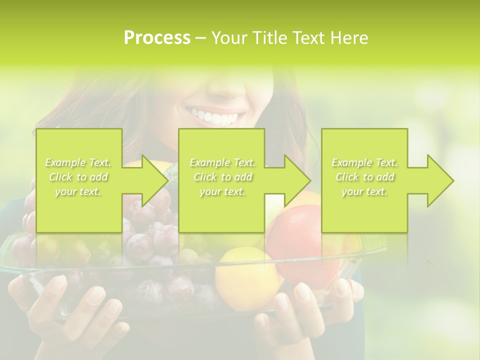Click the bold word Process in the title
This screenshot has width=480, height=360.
[157, 38]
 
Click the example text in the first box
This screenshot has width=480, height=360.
[78, 177]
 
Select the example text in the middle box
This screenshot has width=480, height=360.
[222, 177]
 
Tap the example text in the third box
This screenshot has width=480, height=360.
[364, 177]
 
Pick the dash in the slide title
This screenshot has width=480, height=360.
[201, 38]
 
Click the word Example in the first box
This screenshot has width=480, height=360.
[65, 162]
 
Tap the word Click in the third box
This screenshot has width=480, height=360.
[346, 177]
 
